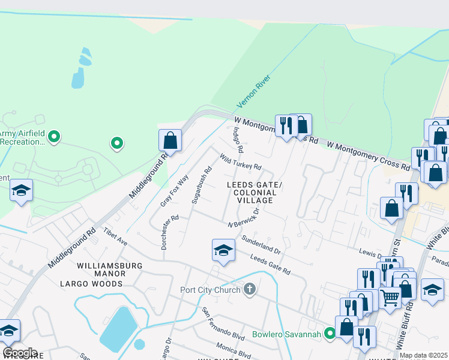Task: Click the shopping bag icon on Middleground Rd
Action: click(x=170, y=141)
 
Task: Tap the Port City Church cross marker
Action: click(x=250, y=290)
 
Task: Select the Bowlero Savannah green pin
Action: click(x=330, y=333)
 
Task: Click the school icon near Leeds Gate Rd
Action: click(x=223, y=250)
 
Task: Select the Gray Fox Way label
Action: click(x=174, y=191)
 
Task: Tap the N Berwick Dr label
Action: click(x=244, y=218)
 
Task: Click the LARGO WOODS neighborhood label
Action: click(x=100, y=283)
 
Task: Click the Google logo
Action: click(x=19, y=353)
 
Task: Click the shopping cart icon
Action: click(x=390, y=296)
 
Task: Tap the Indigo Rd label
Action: click(x=238, y=139)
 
